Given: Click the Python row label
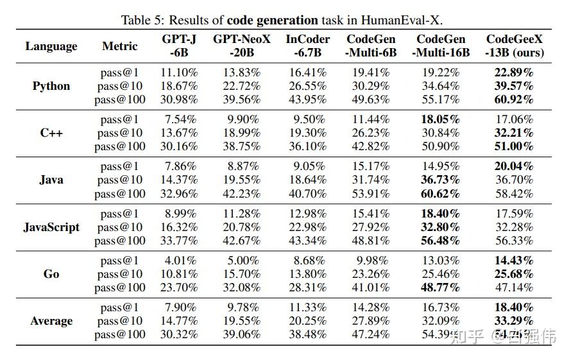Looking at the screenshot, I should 51,86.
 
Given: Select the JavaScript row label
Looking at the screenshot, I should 51,227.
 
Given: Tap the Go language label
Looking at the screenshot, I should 51,274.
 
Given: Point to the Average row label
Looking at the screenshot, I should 51,321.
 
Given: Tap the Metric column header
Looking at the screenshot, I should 120,46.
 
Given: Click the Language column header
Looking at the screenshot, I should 51,46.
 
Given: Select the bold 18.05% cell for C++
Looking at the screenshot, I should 441,119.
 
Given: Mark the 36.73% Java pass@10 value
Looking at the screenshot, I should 441,180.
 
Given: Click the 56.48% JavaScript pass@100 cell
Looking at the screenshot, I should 441,241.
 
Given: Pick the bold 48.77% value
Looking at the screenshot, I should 441,287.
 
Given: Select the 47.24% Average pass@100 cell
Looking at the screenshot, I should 371,334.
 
